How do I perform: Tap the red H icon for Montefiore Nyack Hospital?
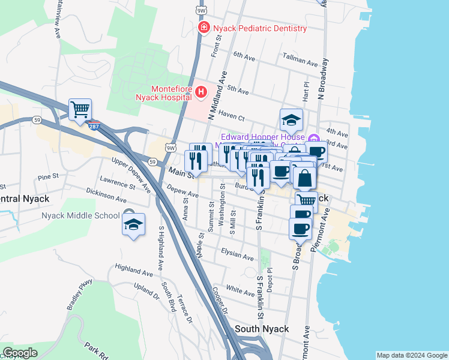[201, 92]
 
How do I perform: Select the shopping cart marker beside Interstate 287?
[80, 110]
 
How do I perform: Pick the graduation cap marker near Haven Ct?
[291, 120]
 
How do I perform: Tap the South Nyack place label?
[262, 329]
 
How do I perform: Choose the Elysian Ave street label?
[238, 254]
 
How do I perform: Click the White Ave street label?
[240, 291]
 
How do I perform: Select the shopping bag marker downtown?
[304, 178]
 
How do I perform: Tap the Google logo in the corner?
[20, 352]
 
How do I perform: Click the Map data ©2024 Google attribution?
[412, 355]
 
